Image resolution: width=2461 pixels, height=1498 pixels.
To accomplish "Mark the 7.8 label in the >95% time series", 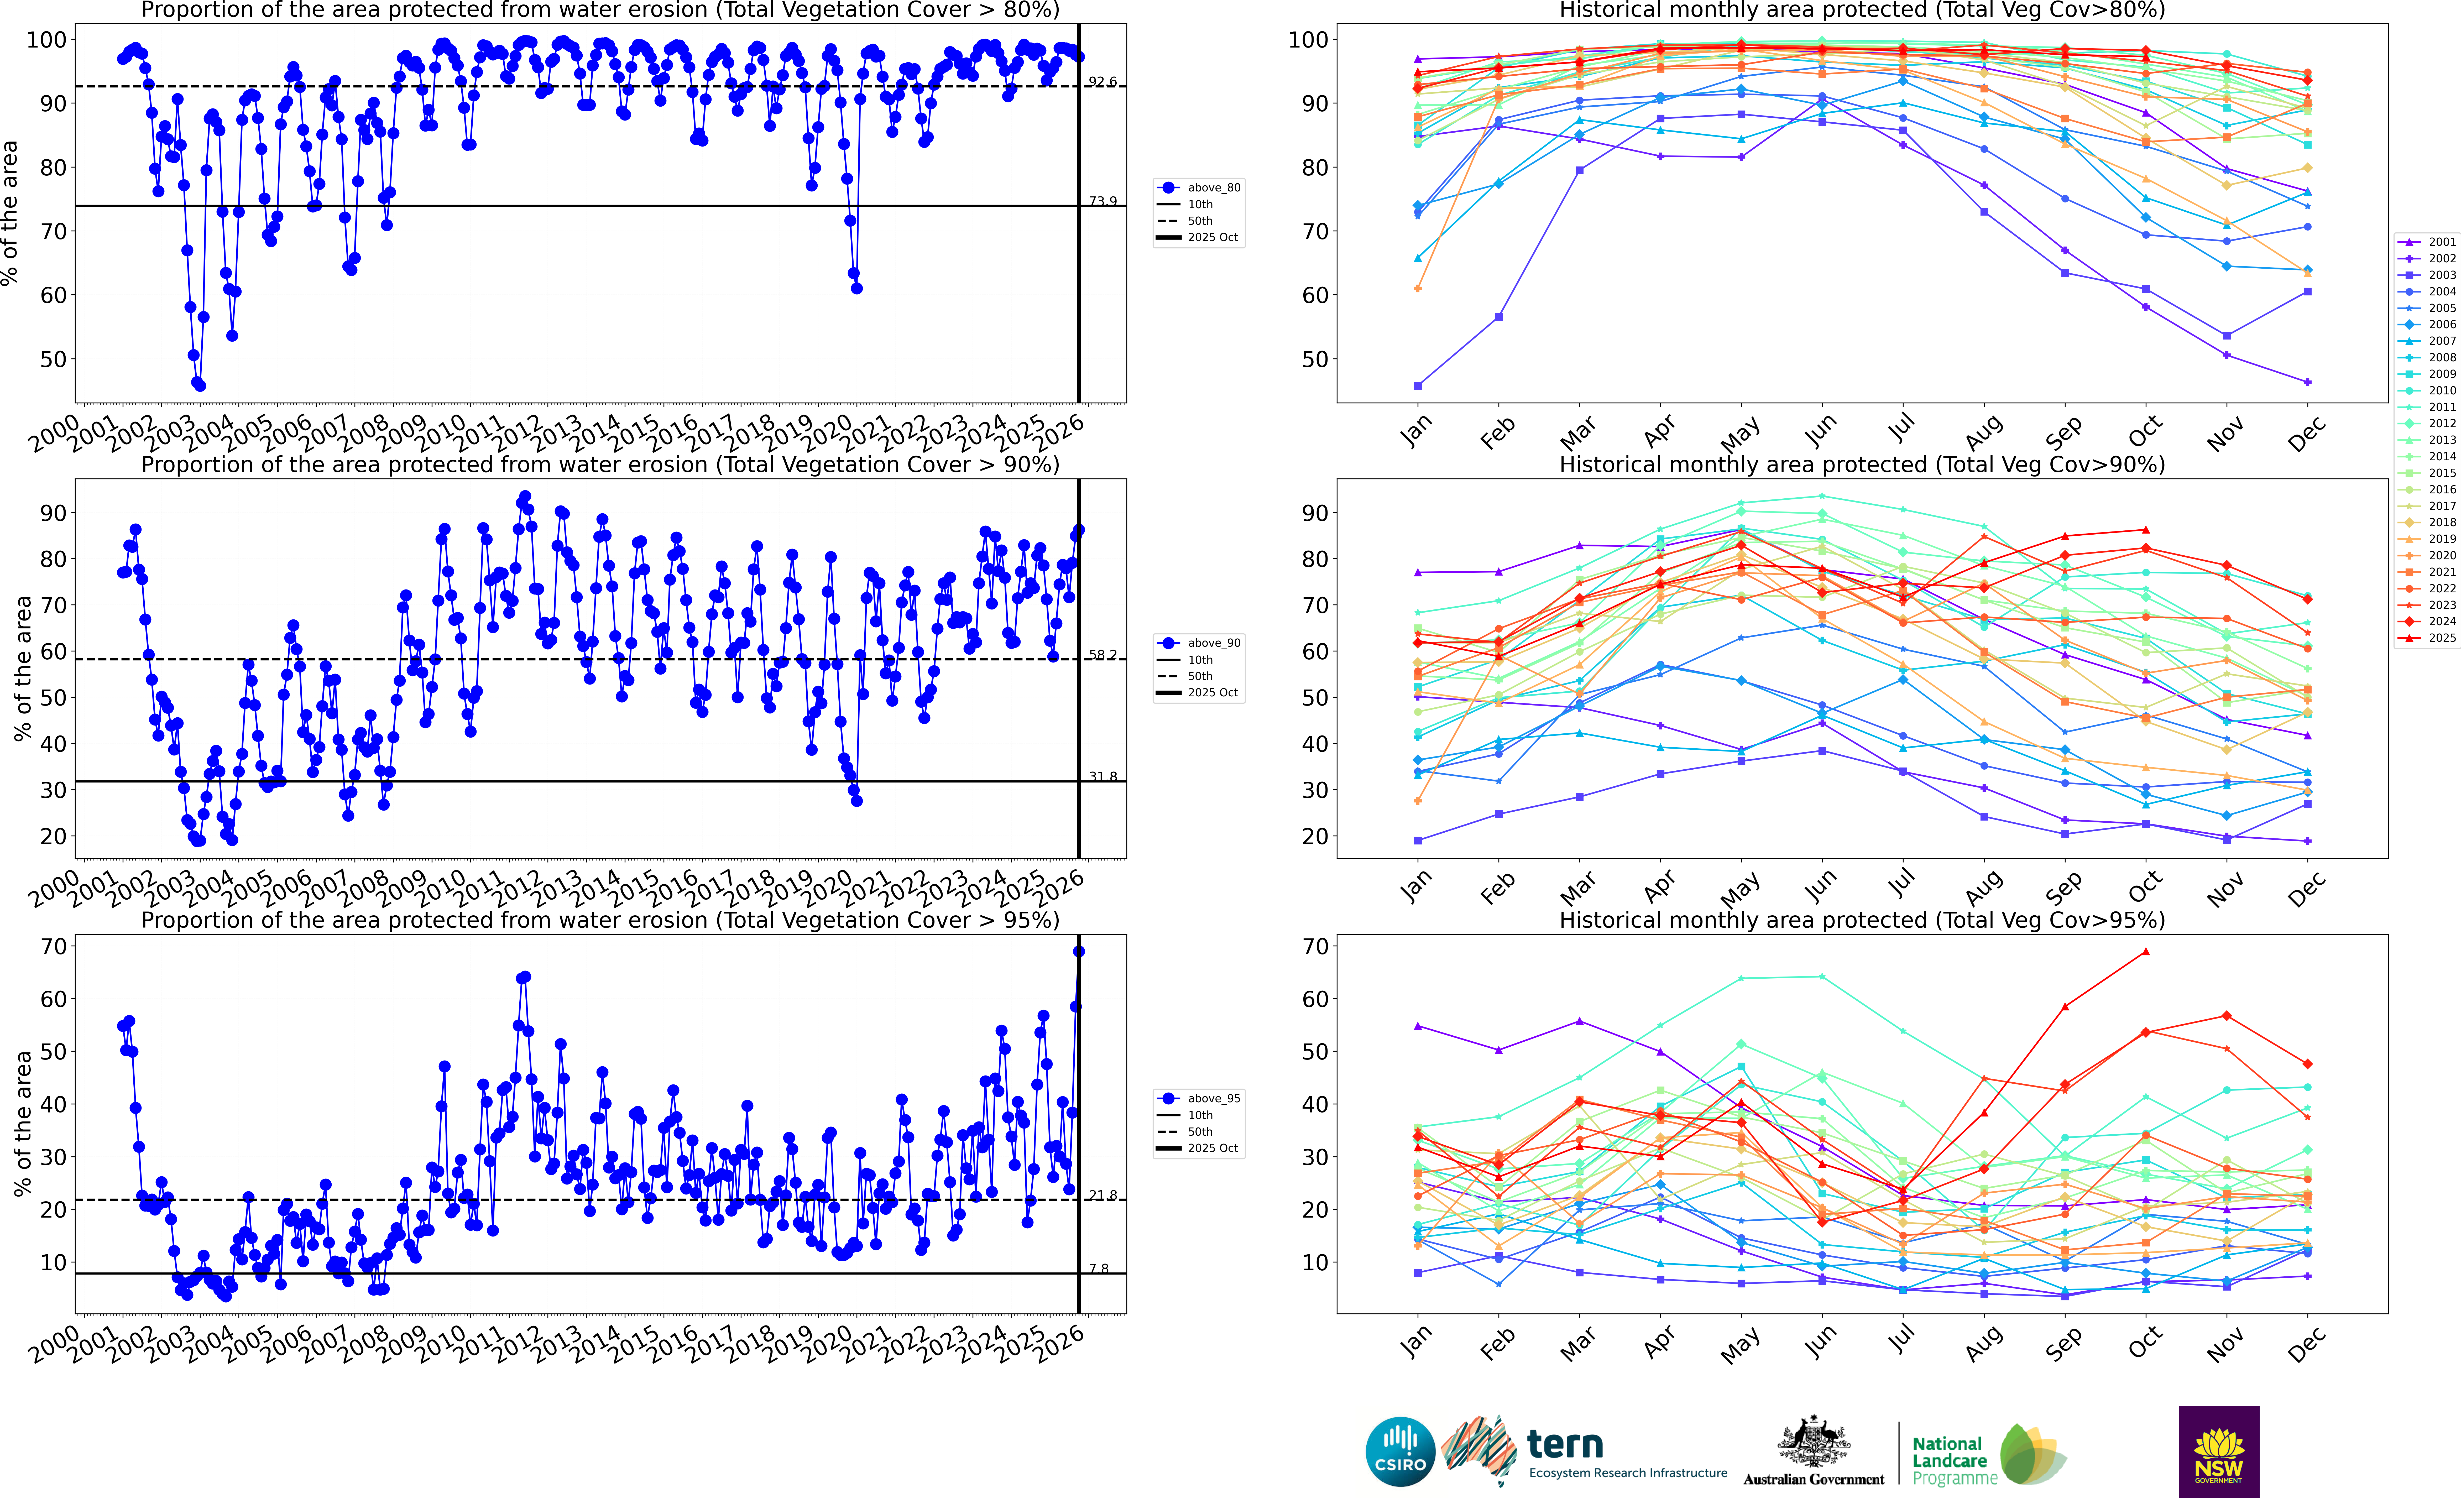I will tap(1099, 1268).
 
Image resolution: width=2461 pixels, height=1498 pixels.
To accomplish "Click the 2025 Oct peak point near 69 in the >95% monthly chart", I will tap(2145, 952).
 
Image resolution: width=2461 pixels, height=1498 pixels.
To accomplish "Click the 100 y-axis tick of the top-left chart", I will tap(46, 40).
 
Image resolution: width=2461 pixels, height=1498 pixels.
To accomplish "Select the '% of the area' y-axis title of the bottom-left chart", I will tap(22, 1124).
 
